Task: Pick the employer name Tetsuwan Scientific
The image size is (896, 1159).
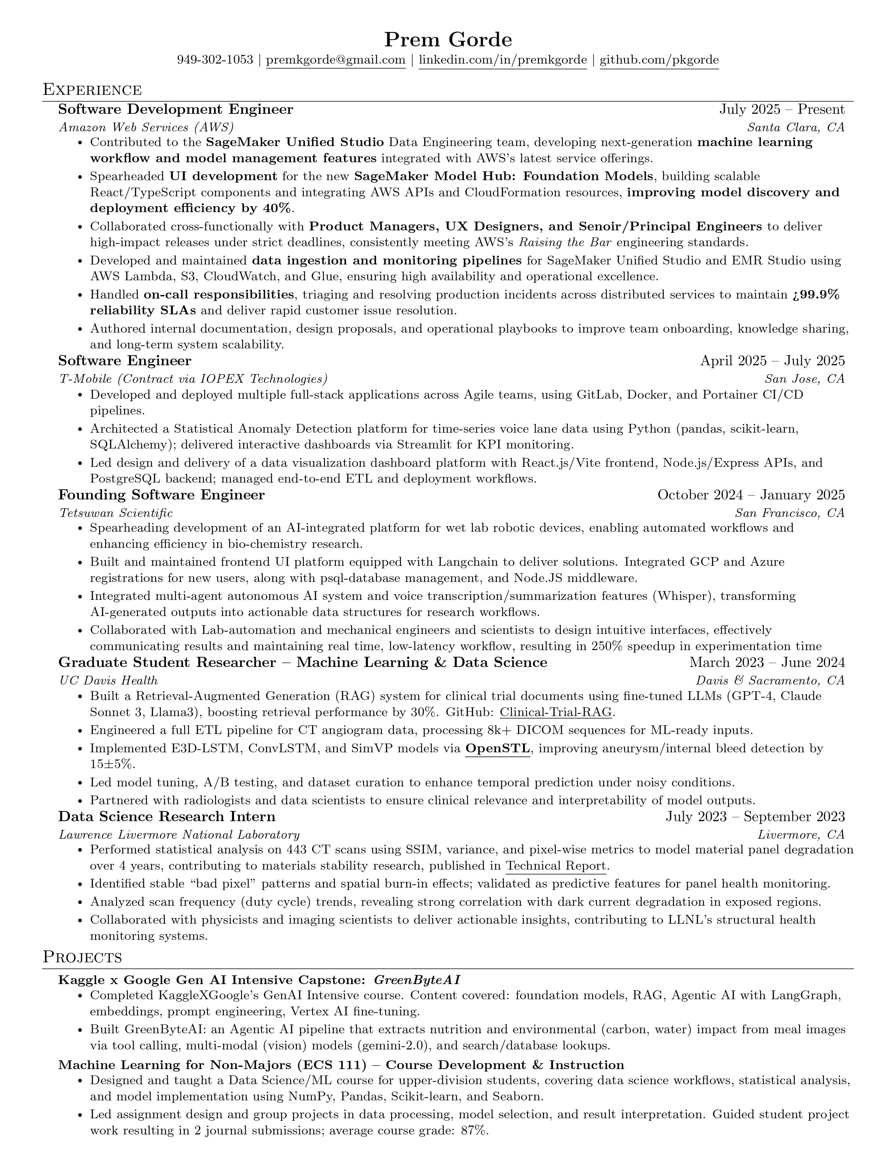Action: [116, 513]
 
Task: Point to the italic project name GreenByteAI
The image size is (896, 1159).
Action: [417, 980]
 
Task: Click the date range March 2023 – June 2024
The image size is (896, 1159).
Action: [766, 663]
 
